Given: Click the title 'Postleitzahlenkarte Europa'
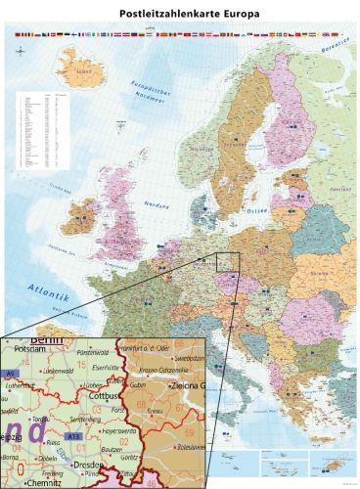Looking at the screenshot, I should tap(180, 16).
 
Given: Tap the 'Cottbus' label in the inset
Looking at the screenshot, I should tap(105, 397).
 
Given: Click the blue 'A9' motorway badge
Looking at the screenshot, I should tap(10, 374).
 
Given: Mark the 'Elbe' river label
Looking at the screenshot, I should tap(62, 451).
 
